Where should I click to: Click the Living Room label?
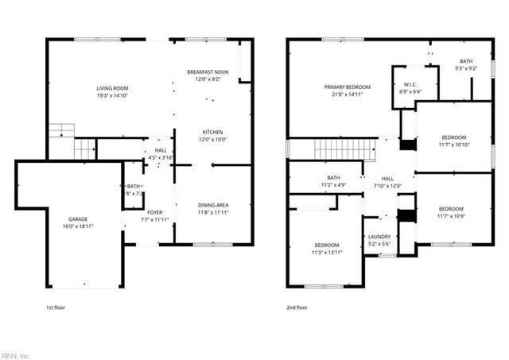click(112, 88)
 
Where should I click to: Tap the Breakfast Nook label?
click(208, 72)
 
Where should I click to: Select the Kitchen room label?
click(212, 132)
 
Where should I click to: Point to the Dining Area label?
click(213, 205)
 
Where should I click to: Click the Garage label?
click(77, 219)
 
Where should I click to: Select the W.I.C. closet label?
click(410, 84)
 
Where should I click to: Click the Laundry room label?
click(379, 237)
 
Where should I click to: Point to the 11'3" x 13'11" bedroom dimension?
click(326, 252)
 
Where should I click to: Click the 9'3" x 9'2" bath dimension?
click(465, 68)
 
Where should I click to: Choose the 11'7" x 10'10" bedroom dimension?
click(454, 144)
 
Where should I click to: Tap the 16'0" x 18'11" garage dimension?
click(77, 226)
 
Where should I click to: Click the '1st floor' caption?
click(56, 307)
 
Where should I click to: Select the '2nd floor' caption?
click(297, 307)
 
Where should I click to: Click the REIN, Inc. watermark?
click(15, 355)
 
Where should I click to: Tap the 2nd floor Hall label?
click(387, 179)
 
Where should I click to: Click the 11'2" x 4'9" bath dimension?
click(333, 185)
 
